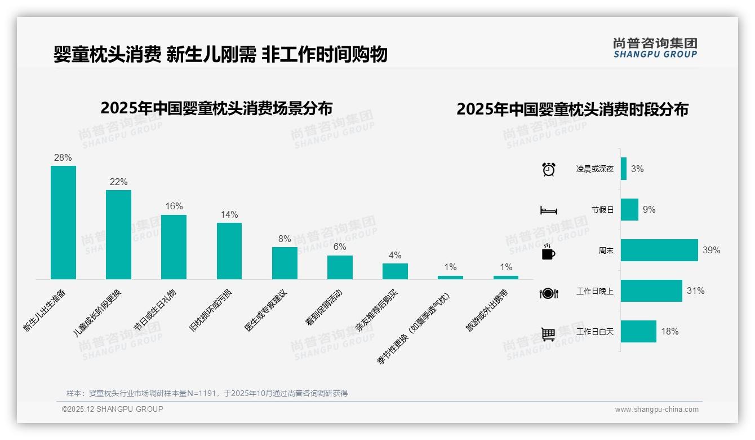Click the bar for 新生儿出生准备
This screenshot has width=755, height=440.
coord(63,222)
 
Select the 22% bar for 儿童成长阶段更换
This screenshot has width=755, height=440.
coord(118,234)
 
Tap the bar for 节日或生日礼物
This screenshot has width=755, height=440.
coord(174,247)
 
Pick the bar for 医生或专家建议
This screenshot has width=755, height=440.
coord(285,263)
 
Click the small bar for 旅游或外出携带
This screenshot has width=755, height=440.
coord(505,278)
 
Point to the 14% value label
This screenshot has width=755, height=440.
coord(229,214)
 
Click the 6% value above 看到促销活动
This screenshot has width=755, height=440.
coord(340,247)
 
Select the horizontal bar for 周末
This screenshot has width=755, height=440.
coord(659,250)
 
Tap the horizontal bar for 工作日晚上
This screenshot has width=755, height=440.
coord(651,291)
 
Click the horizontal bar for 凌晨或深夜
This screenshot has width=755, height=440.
coord(624,169)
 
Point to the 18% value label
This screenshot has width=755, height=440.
coord(670,332)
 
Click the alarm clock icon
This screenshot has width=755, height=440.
coord(548,169)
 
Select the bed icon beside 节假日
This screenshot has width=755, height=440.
coord(548,210)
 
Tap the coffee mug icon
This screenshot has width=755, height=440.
coord(548,252)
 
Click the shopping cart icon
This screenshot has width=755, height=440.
coord(548,334)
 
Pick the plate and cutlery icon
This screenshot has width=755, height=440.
coord(548,293)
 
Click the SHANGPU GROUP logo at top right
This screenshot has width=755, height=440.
coord(655,48)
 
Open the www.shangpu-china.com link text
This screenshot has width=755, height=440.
coord(656,410)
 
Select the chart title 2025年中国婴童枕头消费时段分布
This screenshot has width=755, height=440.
coord(572,109)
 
